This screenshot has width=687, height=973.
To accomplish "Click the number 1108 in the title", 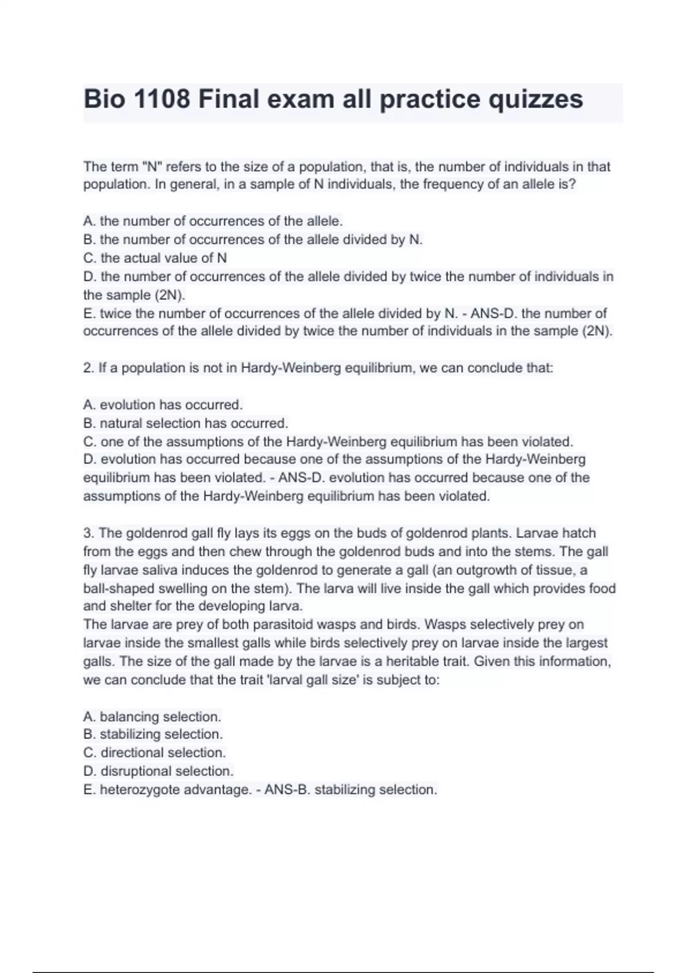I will (161, 99).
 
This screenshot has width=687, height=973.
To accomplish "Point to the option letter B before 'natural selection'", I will (88, 424).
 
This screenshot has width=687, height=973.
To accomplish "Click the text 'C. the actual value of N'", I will (155, 258).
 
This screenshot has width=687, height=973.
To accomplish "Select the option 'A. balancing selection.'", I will (152, 717).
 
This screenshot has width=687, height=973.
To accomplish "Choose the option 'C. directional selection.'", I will (155, 753).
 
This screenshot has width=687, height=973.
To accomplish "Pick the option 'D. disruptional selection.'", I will (159, 771).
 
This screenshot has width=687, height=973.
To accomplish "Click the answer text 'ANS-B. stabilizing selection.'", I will (351, 790).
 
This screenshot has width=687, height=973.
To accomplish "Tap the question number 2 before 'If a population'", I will (88, 368).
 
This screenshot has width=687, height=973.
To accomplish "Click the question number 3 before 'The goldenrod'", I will (88, 533).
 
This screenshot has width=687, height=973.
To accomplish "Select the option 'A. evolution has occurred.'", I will (163, 405).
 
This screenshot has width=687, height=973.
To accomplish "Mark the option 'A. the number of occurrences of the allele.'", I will (213, 222).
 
